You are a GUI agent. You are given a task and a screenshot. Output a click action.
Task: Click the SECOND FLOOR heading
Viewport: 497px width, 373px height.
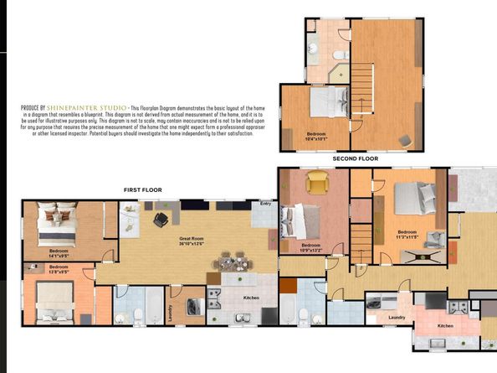coord(356,158)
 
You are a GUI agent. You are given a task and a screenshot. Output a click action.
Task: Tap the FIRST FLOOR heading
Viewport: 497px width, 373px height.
coord(142,190)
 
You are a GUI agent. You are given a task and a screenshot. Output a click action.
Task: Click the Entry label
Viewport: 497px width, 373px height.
coord(265,203)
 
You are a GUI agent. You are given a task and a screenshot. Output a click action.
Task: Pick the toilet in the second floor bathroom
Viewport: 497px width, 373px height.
coord(339,54)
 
